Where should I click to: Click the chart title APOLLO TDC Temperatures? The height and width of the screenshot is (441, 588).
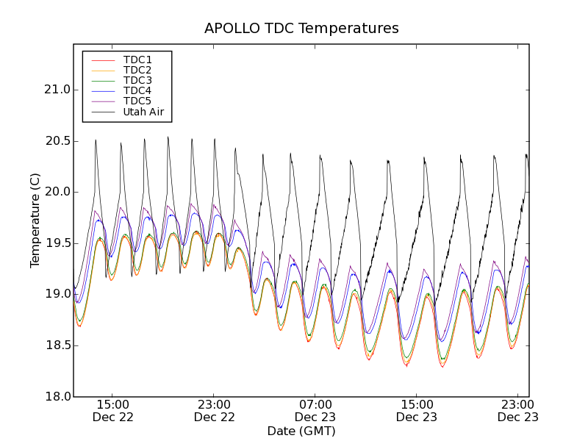pyautogui.click(x=301, y=29)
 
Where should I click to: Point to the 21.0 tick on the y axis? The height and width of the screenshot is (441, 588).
pyautogui.click(x=57, y=90)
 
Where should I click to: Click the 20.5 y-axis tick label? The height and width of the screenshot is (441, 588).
pyautogui.click(x=57, y=141)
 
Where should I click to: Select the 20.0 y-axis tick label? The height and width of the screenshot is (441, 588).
pyautogui.click(x=57, y=192)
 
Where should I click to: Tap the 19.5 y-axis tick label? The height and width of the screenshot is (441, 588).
pyautogui.click(x=57, y=243)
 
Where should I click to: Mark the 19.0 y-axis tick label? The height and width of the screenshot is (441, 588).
pyautogui.click(x=57, y=294)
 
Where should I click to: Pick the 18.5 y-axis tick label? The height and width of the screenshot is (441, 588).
pyautogui.click(x=57, y=345)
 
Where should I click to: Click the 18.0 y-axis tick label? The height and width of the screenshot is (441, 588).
pyautogui.click(x=57, y=396)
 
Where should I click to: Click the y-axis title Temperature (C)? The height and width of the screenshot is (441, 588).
pyautogui.click(x=35, y=220)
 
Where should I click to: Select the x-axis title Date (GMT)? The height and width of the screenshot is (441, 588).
pyautogui.click(x=301, y=431)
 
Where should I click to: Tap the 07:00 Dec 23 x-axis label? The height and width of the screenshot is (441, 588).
pyautogui.click(x=315, y=410)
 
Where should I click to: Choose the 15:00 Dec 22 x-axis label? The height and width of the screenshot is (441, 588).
pyautogui.click(x=113, y=410)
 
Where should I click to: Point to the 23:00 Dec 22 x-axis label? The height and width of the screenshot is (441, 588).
pyautogui.click(x=215, y=410)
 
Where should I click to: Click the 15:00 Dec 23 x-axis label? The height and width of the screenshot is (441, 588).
pyautogui.click(x=417, y=410)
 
